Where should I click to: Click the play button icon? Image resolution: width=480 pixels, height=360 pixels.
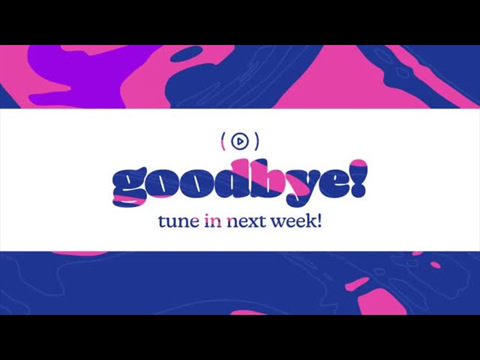point(239,142)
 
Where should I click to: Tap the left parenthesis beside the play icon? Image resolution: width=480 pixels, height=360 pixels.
point(223,142)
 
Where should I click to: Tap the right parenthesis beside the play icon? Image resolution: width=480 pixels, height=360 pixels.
point(257,142)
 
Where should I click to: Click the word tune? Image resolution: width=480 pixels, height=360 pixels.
point(178,221)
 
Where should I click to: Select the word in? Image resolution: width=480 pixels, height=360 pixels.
point(214,221)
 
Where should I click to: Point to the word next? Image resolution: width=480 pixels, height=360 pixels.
point(247,221)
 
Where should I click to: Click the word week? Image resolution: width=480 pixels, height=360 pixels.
point(293,221)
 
